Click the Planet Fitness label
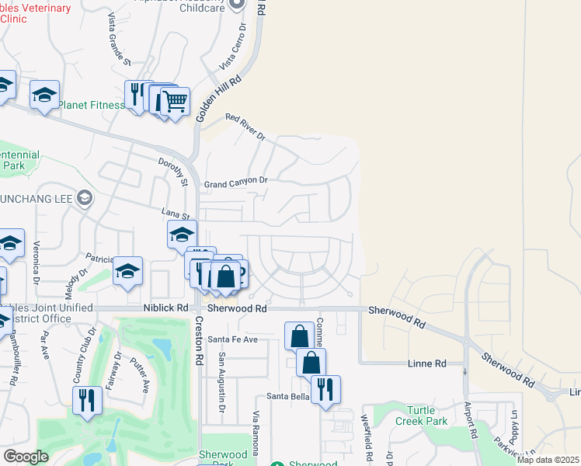(x=91, y=105)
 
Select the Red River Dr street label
(x=245, y=127)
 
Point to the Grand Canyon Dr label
(x=235, y=183)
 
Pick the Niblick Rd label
(x=165, y=308)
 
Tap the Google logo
(x=26, y=457)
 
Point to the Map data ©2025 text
(x=548, y=460)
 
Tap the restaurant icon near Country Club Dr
(x=86, y=400)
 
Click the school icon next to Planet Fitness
(x=44, y=95)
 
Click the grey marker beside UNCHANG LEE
(x=85, y=199)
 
